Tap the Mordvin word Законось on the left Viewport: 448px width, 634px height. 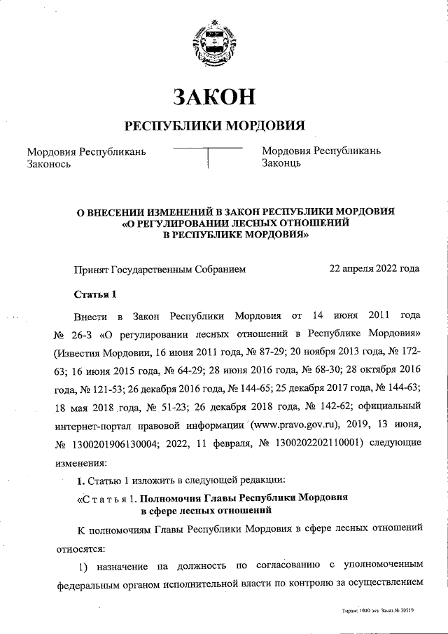pos(49,164)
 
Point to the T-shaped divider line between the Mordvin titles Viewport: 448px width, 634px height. pos(208,149)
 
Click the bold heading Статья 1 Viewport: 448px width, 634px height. pos(94,293)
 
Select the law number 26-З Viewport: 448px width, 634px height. pos(88,331)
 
